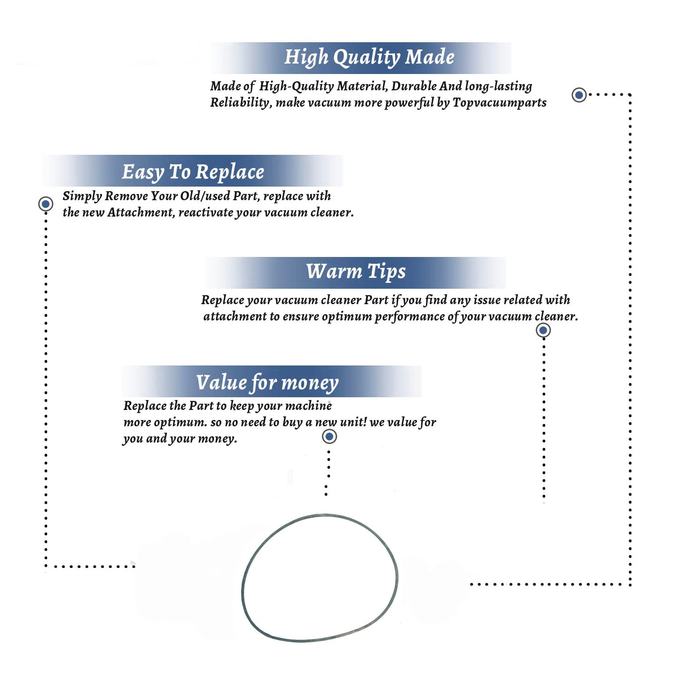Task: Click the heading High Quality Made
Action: click(x=369, y=58)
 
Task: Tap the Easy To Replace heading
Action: click(x=193, y=172)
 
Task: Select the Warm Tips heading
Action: click(x=356, y=271)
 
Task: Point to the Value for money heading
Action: click(x=267, y=383)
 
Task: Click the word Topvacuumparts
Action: click(x=499, y=103)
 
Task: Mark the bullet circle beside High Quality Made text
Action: click(x=579, y=95)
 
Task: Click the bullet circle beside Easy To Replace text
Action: click(x=45, y=204)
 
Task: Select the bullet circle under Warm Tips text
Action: click(x=543, y=330)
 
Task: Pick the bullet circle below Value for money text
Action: click(x=329, y=436)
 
